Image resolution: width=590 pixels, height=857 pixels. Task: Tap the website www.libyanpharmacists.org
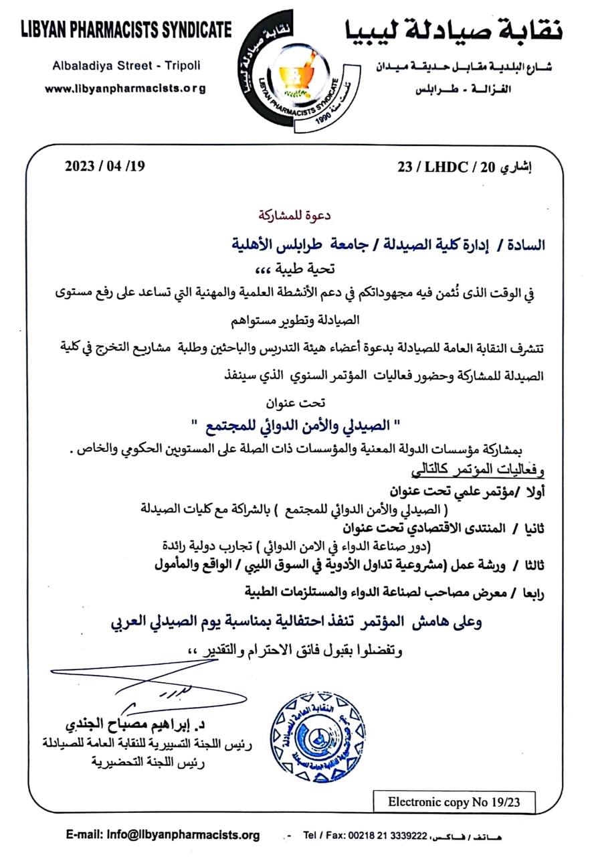tap(126, 88)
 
